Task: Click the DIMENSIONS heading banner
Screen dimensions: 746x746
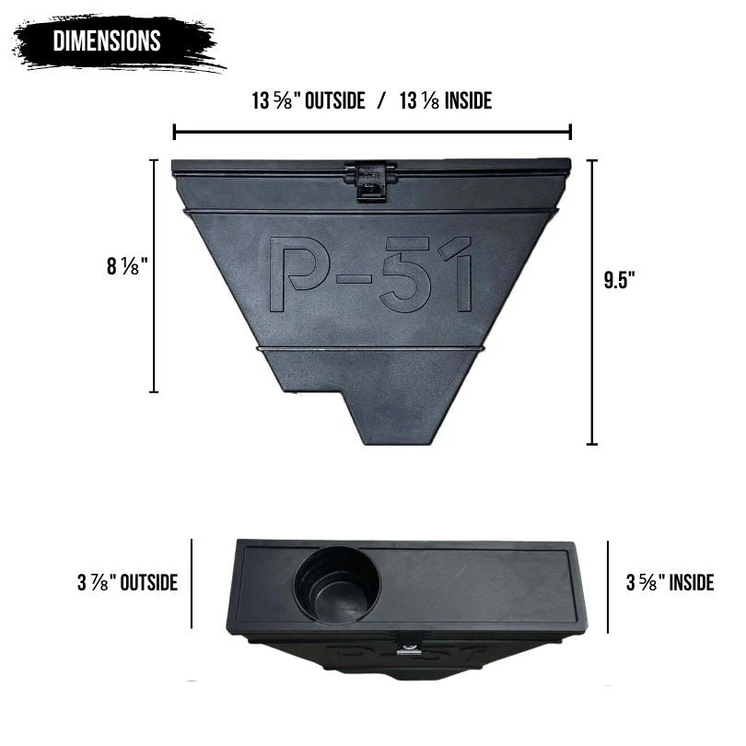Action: [x=108, y=41]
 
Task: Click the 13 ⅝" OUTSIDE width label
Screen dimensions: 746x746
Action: [x=308, y=101]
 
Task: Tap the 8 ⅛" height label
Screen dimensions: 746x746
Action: [x=126, y=267]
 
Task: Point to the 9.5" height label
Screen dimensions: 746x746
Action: [x=620, y=281]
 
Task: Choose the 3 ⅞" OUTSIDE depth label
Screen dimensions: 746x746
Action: [x=127, y=582]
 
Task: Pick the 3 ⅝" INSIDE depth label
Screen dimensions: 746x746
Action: [x=670, y=582]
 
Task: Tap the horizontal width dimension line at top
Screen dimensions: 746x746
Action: [x=372, y=132]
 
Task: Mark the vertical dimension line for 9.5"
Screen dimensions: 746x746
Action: [x=592, y=302]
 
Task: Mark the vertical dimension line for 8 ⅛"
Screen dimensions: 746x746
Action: [x=154, y=276]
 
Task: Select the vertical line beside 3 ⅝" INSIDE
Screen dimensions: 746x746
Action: [x=609, y=586]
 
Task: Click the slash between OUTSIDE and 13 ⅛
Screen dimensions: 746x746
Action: [x=381, y=101]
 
